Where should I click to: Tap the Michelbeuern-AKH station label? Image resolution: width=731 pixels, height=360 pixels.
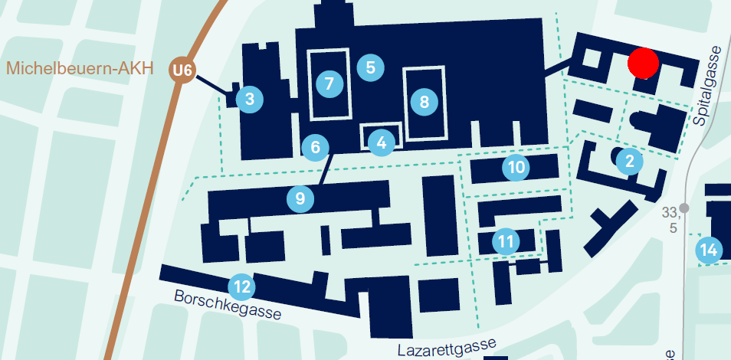[80, 68]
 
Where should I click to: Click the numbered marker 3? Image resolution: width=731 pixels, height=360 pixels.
[250, 99]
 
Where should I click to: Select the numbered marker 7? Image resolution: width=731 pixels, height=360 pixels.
[329, 83]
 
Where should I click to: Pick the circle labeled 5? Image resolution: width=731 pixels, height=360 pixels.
[371, 67]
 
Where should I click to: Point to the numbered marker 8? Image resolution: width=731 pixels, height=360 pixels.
[424, 101]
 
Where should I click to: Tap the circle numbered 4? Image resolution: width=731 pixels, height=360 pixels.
[382, 141]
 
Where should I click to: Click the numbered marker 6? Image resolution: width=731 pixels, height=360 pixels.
[315, 147]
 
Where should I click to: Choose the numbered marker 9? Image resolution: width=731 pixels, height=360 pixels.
[300, 199]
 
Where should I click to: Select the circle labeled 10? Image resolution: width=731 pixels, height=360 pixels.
[517, 166]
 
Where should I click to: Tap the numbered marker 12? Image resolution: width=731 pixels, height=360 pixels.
[242, 288]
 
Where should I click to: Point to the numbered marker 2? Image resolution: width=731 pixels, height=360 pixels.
[630, 161]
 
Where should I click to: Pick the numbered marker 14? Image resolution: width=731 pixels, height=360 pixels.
[710, 250]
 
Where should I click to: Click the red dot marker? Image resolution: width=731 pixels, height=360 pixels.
[643, 63]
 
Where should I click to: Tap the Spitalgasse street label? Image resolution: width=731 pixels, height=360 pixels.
[708, 86]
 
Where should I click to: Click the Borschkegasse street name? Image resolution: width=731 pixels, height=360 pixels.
[228, 304]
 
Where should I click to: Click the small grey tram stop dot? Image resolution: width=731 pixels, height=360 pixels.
[684, 208]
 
